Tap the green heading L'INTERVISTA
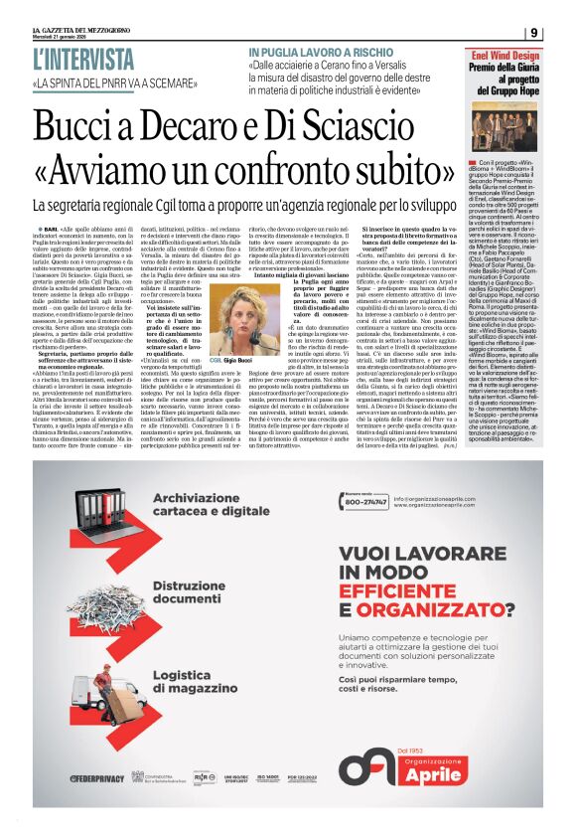tap(83, 58)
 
